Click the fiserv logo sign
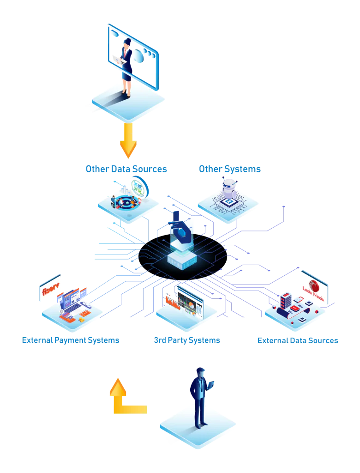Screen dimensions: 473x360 [x=50, y=290]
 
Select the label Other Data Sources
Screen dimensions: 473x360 [x=126, y=169]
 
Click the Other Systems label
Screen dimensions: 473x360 [x=230, y=169]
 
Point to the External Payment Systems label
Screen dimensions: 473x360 [x=72, y=340]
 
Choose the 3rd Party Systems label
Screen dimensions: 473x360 [x=186, y=340]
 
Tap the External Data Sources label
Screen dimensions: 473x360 [x=298, y=340]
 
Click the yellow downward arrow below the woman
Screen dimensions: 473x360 [x=127, y=141]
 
